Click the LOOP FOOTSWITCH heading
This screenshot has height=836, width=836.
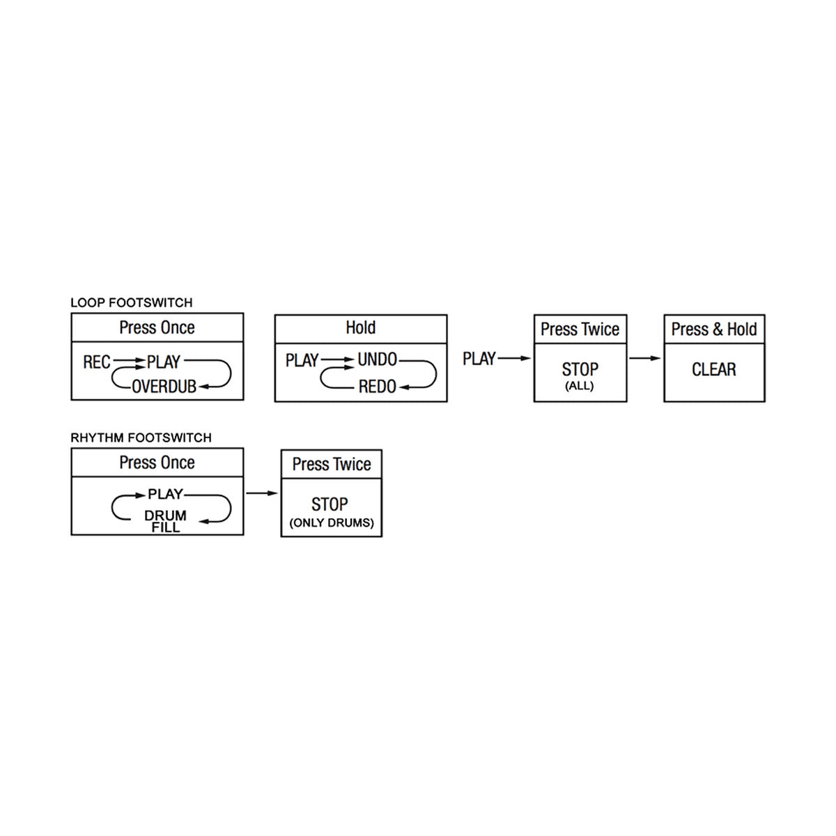(x=132, y=302)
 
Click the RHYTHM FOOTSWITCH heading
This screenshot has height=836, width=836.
(x=141, y=438)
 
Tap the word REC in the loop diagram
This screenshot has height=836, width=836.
(x=97, y=362)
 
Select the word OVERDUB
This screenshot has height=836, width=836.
(x=164, y=386)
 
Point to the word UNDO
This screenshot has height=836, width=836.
(x=377, y=359)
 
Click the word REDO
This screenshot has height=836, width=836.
(x=377, y=386)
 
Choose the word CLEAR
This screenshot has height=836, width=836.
(x=713, y=369)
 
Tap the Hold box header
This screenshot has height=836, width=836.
(x=360, y=327)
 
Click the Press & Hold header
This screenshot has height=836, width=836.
(x=713, y=330)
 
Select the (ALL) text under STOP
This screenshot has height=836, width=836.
(x=579, y=386)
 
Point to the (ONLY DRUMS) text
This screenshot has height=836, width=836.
(x=332, y=522)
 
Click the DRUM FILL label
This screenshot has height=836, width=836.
(x=165, y=521)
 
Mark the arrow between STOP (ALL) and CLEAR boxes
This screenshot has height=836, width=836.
(x=644, y=358)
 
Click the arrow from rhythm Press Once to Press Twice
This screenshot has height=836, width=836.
(x=262, y=493)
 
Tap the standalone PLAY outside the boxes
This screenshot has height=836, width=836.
(x=479, y=359)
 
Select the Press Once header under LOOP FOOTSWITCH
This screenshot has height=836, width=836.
(x=157, y=327)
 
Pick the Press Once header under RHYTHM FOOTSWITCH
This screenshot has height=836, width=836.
(x=157, y=463)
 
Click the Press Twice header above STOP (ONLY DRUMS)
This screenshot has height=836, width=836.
(x=332, y=464)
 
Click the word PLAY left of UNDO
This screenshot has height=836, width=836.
(x=302, y=360)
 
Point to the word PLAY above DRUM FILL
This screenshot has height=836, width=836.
(x=165, y=494)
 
